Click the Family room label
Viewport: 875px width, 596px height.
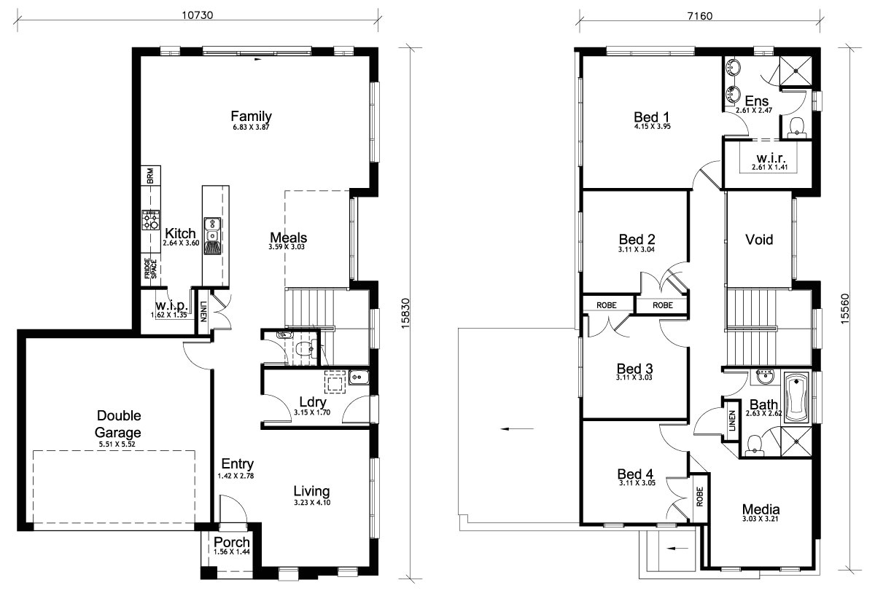[x=251, y=116]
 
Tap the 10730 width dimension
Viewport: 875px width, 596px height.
[x=197, y=14]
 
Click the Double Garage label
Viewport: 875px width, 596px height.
[x=119, y=423]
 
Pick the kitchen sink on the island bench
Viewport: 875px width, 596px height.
[x=212, y=230]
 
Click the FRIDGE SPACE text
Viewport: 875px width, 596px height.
[x=148, y=270]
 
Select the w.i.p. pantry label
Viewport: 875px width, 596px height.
[x=172, y=305]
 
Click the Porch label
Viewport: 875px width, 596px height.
[x=232, y=543]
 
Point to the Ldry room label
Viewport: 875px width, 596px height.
[x=312, y=403]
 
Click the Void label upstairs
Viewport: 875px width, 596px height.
[x=758, y=239]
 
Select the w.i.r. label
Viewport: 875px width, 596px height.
[x=770, y=157]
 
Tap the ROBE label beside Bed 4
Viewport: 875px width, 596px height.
[x=699, y=498]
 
